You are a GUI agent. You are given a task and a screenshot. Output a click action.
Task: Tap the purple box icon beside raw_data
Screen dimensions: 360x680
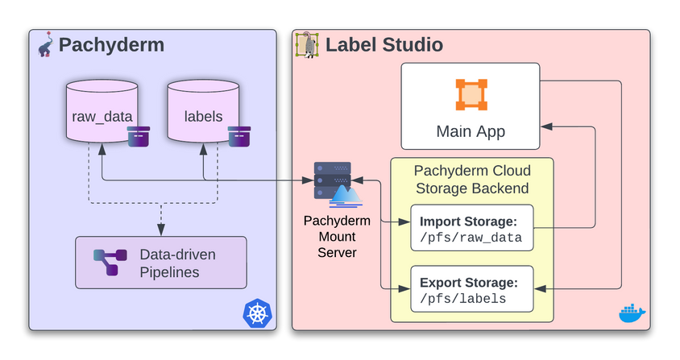[139, 136]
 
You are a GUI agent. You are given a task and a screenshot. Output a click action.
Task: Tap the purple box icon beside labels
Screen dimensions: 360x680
[238, 136]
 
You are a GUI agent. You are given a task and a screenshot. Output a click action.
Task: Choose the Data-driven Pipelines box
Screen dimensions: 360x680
[160, 263]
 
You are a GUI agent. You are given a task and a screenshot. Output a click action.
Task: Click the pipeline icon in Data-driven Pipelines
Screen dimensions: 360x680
[110, 263]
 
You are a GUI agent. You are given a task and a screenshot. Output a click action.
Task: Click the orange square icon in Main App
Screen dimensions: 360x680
[471, 95]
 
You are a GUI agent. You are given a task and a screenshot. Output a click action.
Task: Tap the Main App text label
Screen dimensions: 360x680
[471, 130]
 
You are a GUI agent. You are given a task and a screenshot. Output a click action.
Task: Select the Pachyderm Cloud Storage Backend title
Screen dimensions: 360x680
[471, 180]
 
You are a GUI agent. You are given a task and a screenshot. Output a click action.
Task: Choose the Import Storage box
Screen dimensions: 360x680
[472, 230]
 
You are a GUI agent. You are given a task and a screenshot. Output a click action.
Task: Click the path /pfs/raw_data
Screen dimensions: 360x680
[471, 238]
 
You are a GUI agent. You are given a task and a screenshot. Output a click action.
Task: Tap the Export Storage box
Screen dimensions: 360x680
[472, 289]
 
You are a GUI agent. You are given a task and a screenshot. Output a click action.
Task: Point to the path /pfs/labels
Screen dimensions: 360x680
[462, 299]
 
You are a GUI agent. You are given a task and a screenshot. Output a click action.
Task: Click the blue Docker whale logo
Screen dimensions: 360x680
[631, 312]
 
